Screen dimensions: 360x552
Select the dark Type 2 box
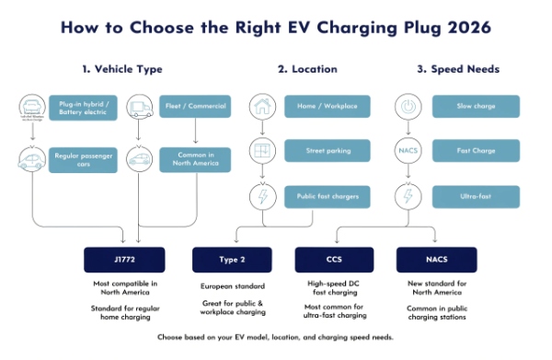[230, 260]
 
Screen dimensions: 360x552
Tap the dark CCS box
[334, 260]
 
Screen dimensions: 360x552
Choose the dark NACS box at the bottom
[436, 260]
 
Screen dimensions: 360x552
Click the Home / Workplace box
[327, 106]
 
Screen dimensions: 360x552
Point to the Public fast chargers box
[327, 196]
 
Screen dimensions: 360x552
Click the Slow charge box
[475, 106]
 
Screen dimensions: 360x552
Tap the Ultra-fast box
[475, 196]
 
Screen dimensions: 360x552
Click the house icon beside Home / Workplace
[262, 106]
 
